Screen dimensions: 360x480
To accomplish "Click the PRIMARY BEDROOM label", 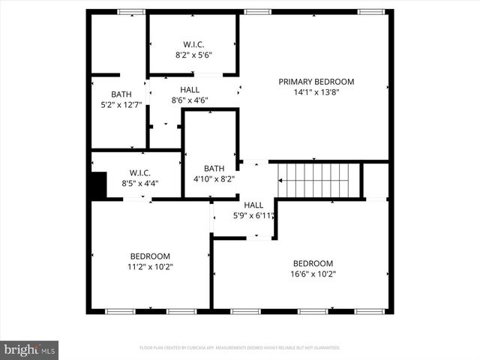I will click(316, 82).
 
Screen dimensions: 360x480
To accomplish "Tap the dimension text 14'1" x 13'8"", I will click(316, 93).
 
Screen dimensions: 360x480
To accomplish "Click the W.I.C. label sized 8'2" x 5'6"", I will click(193, 44).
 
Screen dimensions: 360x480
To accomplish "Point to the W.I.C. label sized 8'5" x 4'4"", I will click(140, 172).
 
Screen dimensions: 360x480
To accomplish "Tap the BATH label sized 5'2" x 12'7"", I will click(121, 94).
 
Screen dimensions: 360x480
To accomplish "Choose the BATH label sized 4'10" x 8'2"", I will click(214, 168).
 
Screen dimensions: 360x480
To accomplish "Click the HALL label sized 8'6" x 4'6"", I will click(190, 89).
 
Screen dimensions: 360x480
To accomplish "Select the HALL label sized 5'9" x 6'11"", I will click(253, 205).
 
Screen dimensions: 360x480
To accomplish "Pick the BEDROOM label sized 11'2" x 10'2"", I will click(150, 256).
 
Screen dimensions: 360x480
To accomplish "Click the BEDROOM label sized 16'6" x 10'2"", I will click(313, 263).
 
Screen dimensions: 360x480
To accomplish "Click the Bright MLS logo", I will click(29, 349).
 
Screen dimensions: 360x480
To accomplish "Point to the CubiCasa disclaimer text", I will click(239, 348).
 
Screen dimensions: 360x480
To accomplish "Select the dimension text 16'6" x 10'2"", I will click(313, 274).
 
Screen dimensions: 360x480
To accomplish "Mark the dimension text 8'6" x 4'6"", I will click(190, 100).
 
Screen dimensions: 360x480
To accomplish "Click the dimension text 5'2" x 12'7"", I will click(121, 104).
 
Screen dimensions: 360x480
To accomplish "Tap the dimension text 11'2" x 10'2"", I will click(150, 266).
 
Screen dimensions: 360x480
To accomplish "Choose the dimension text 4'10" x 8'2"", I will click(214, 179).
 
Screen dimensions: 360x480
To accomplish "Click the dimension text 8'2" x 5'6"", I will click(193, 55).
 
